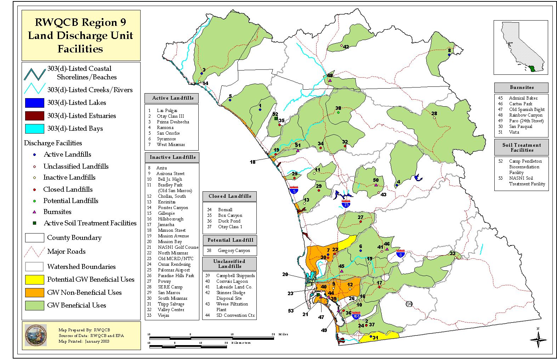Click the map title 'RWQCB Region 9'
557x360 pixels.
pyautogui.click(x=80, y=22)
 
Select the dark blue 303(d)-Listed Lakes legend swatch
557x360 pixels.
pyautogui.click(x=34, y=103)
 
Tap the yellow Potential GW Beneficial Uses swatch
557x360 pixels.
pyautogui.click(x=34, y=280)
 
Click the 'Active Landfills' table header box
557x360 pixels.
pyautogui.click(x=171, y=98)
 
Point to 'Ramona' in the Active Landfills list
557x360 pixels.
pyautogui.click(x=165, y=128)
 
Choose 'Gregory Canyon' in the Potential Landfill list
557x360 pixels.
pyautogui.click(x=234, y=251)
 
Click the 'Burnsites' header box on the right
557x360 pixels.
pyautogui.click(x=521, y=88)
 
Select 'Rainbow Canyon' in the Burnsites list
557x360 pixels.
pyautogui.click(x=525, y=115)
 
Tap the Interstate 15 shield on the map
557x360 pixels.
pyautogui.click(x=346, y=204)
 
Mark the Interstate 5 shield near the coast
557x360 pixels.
pyautogui.click(x=294, y=190)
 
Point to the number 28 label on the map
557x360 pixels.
pyautogui.click(x=434, y=114)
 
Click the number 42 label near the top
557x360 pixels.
pyautogui.click(x=346, y=47)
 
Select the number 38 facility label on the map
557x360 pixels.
pyautogui.click(x=338, y=108)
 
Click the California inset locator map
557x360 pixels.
pyautogui.click(x=521, y=47)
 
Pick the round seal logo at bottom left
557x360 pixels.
pyautogui.click(x=35, y=335)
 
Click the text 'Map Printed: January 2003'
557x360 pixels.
pyautogui.click(x=84, y=341)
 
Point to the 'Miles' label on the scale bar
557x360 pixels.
pyautogui.click(x=283, y=334)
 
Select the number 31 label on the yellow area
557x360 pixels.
pyautogui.click(x=375, y=338)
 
